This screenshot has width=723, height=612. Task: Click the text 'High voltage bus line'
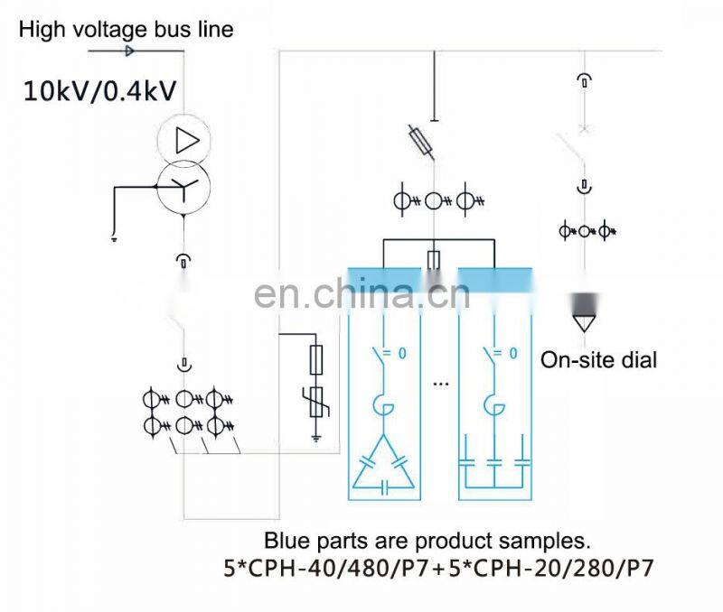pyautogui.click(x=127, y=30)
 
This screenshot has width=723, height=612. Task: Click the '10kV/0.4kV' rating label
pyautogui.click(x=99, y=90)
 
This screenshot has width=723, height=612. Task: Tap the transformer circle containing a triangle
pyautogui.click(x=183, y=140)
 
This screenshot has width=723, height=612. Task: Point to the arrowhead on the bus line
pyautogui.click(x=129, y=51)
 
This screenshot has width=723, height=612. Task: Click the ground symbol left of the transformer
pyautogui.click(x=115, y=238)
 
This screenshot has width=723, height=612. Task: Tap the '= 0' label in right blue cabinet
pyautogui.click(x=505, y=354)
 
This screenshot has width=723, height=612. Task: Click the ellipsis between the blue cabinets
pyautogui.click(x=440, y=382)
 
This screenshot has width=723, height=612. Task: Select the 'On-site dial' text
pyautogui.click(x=598, y=360)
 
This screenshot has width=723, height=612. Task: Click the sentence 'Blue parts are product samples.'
pyautogui.click(x=427, y=542)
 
